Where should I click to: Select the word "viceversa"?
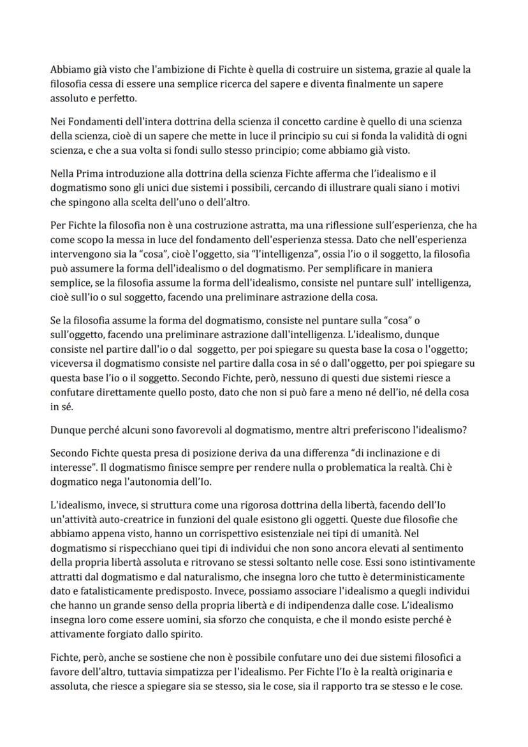tap(72, 363)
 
